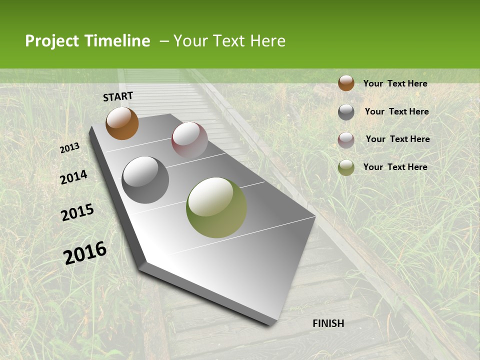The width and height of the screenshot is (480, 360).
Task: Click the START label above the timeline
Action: [118, 96]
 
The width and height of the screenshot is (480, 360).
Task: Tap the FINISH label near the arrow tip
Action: [328, 323]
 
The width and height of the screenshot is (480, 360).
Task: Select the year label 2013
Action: [69, 148]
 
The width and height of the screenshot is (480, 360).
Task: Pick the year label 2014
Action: [73, 177]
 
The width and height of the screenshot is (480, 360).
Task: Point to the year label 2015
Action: [77, 212]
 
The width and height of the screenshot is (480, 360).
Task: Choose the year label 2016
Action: [85, 252]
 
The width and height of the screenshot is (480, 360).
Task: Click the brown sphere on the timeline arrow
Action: [122, 123]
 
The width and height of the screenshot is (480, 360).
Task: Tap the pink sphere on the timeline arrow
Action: [189, 139]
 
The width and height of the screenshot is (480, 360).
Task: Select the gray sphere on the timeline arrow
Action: [145, 179]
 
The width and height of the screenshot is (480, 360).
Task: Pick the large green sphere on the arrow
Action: [216, 207]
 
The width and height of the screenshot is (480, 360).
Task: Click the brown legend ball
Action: [346, 83]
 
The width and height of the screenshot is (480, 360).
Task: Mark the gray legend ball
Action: [346, 112]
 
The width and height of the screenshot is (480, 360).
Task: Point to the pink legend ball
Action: [346, 140]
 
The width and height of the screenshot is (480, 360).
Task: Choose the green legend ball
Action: [346, 167]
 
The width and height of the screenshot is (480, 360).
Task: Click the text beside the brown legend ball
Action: [395, 83]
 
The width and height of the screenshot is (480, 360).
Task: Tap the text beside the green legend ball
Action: [395, 167]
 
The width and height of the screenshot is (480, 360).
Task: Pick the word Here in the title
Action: [267, 41]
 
